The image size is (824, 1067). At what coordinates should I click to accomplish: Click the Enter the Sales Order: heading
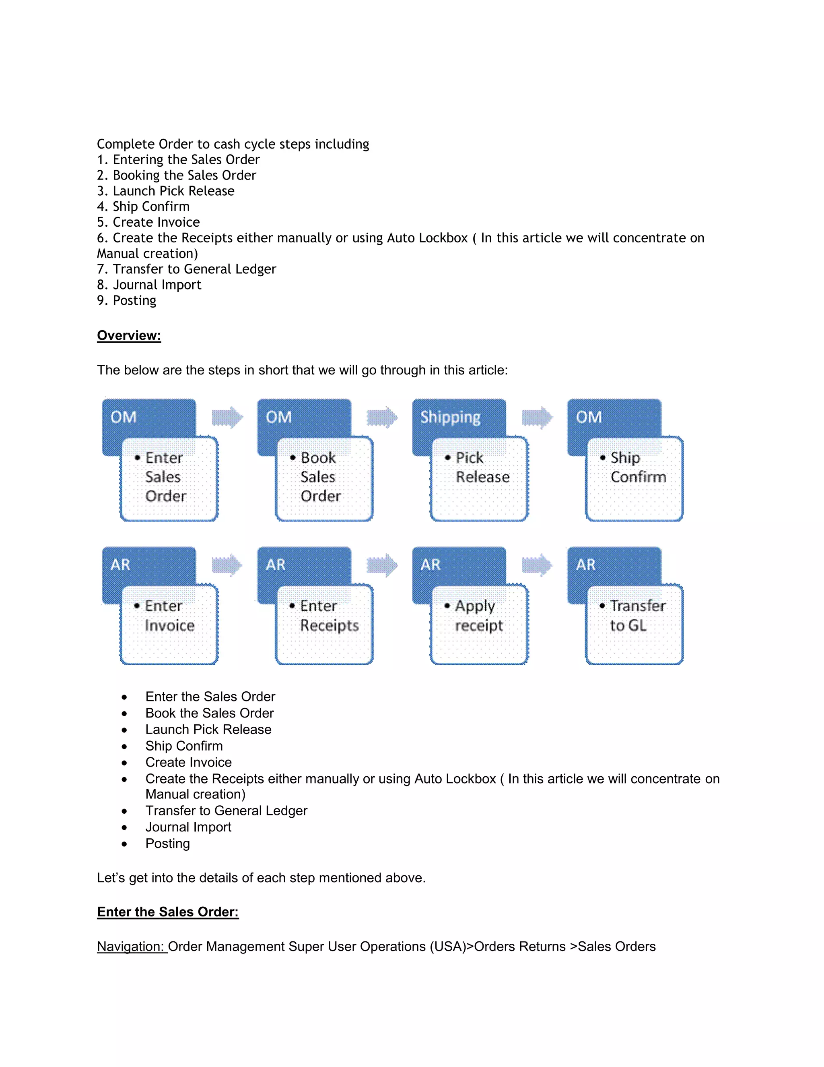pos(167,912)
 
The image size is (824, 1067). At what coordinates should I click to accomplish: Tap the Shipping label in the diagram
pos(450,417)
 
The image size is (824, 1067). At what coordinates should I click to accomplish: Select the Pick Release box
pos(479,479)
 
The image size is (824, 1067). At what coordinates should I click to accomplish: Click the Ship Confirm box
pos(634,479)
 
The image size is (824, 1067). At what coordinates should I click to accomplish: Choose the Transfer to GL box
pos(634,624)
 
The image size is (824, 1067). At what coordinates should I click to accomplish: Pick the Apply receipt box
pos(479,624)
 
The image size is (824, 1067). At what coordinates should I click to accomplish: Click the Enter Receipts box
pos(324,624)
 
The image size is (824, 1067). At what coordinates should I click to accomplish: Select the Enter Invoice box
pos(169,624)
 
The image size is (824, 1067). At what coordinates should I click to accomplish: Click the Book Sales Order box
pos(324,479)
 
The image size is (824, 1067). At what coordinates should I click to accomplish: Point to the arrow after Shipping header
pos(537,417)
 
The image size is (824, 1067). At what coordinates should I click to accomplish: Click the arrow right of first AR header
pos(227,565)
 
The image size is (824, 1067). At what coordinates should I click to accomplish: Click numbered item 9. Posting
pos(126,300)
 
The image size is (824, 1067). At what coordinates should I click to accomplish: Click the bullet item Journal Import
pos(188,827)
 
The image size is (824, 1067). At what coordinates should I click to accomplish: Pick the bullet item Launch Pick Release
pos(208,730)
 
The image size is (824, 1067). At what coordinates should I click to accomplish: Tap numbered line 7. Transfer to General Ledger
pos(186,269)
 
